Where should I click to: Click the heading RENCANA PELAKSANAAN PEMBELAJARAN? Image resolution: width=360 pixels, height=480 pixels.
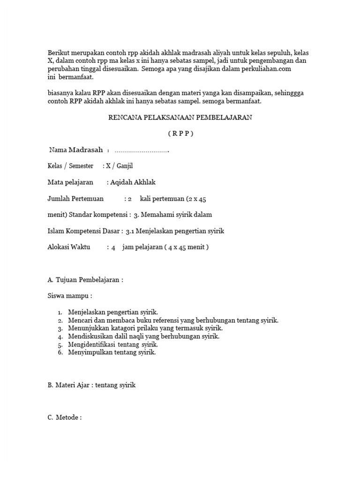(x=180, y=118)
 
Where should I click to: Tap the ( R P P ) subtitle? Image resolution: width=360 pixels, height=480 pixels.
(x=180, y=134)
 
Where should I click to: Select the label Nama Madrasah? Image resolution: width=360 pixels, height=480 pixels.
(x=76, y=150)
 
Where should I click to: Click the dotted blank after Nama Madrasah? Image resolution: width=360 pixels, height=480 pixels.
(x=142, y=151)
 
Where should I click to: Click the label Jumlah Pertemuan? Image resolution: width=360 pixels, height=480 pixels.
(x=75, y=199)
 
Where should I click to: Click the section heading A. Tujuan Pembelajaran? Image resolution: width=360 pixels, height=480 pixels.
(x=85, y=280)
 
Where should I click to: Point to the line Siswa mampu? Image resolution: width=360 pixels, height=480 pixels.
(x=70, y=296)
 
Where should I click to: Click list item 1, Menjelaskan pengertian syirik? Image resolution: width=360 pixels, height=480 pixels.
(x=113, y=312)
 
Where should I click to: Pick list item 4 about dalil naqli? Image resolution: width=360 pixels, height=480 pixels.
(x=143, y=337)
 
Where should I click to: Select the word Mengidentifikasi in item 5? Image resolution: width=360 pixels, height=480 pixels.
(x=92, y=345)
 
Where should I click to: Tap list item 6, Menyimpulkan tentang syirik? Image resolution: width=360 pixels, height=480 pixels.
(x=112, y=352)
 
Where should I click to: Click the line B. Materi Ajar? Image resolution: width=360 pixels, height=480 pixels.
(x=91, y=385)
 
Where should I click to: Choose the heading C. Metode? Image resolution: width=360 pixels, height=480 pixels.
(x=65, y=418)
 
